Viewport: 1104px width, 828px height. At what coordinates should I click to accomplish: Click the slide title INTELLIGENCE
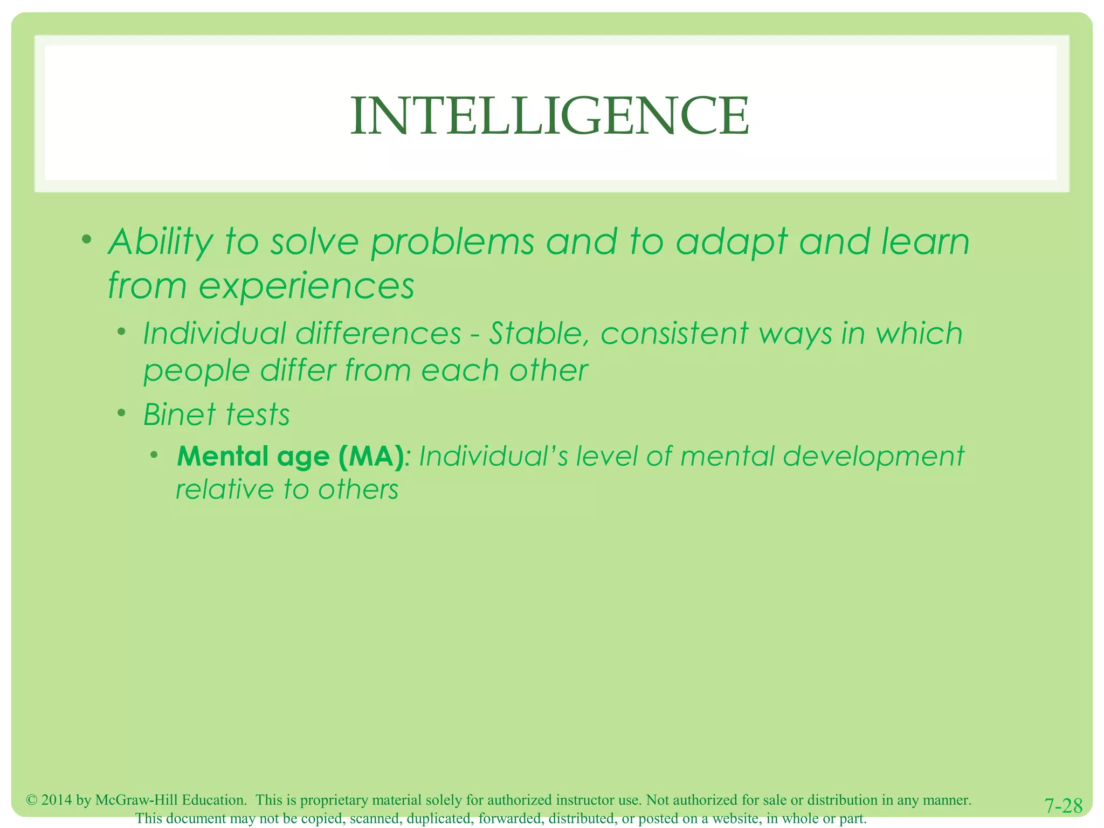click(549, 116)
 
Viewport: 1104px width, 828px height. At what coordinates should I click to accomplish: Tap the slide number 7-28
click(1063, 805)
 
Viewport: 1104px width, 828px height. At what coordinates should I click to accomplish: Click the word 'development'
click(873, 457)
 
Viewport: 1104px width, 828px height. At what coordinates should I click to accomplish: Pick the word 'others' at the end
click(358, 489)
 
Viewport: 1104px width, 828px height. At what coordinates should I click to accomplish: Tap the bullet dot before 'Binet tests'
click(122, 413)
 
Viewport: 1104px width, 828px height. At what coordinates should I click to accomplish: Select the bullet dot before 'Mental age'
click(155, 454)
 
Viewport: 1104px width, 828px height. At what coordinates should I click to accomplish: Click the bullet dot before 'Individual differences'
click(122, 331)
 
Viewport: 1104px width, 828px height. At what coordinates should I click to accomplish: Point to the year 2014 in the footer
click(57, 800)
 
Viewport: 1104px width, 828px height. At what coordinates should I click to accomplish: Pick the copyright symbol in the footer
click(31, 800)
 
